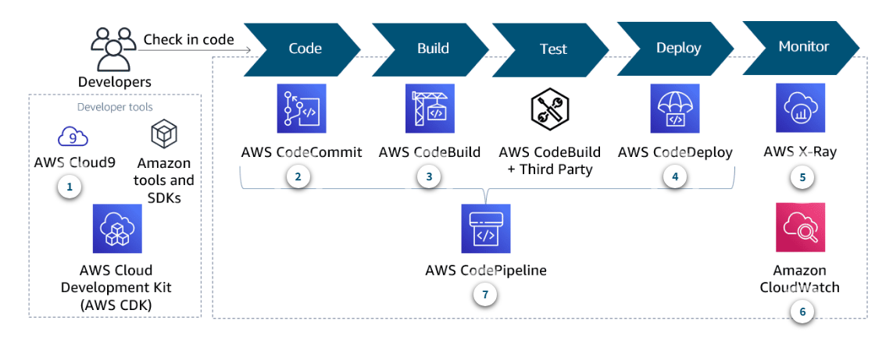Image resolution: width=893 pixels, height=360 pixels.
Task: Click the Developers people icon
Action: click(x=113, y=49)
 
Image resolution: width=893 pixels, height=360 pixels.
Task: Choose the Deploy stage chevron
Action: click(x=677, y=48)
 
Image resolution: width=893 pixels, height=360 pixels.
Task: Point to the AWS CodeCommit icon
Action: click(x=301, y=109)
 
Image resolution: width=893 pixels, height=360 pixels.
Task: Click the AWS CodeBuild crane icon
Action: click(x=429, y=109)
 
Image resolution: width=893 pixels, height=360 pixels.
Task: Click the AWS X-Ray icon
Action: click(x=800, y=109)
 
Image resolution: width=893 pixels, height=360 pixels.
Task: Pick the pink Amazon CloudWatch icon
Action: click(x=800, y=227)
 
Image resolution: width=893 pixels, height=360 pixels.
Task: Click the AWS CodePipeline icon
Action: click(x=485, y=228)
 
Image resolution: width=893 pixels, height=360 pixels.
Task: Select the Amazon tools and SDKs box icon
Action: click(x=164, y=134)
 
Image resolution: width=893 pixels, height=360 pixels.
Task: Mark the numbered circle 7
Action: click(x=485, y=294)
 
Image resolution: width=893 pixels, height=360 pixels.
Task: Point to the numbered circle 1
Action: click(x=70, y=187)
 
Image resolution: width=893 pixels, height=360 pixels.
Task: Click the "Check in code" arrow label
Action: click(x=188, y=40)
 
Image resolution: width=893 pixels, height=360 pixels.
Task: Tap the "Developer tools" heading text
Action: click(x=115, y=107)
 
